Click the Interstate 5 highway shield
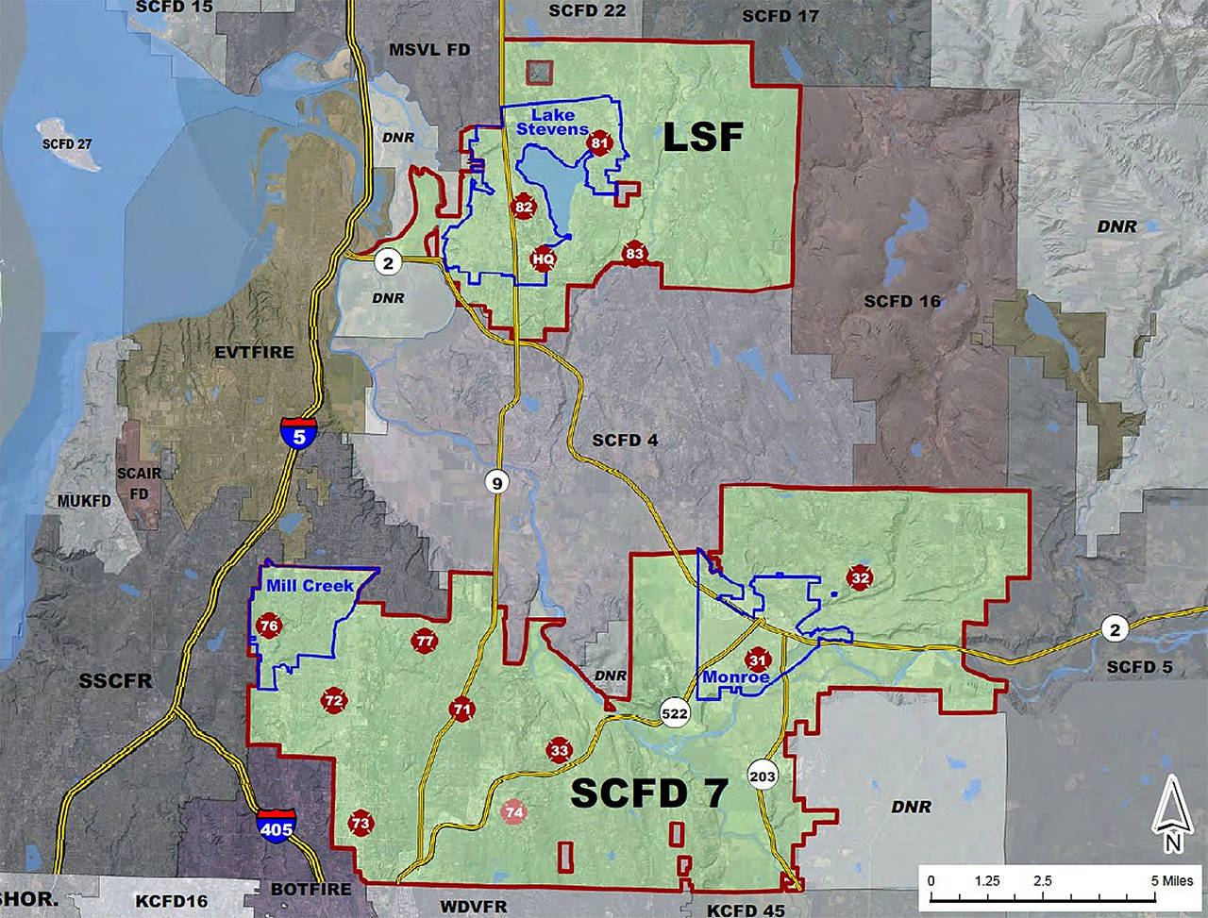point(298,431)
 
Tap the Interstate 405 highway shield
point(275,824)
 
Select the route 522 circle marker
point(674,713)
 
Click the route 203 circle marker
point(763,776)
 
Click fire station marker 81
point(599,143)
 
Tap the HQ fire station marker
point(543,258)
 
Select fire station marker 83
point(634,253)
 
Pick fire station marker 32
point(859,577)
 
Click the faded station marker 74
point(514,811)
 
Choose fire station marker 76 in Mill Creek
point(269,626)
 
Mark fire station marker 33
point(560,751)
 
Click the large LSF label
point(703,138)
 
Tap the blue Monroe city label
point(735,677)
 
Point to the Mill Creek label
point(310,586)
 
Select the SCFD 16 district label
point(902,301)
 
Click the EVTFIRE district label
point(255,352)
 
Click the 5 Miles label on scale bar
point(1171,881)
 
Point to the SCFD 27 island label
point(67,144)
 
